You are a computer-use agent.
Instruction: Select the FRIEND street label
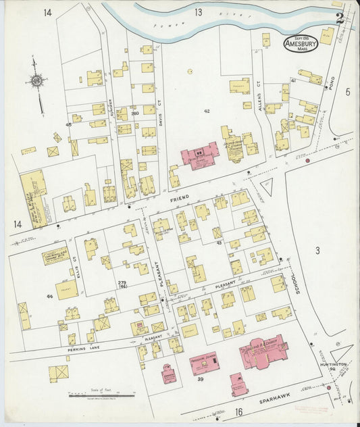[x=180, y=197]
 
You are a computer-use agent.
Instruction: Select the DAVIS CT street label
[x=160, y=108]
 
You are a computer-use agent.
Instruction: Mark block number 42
[x=207, y=110]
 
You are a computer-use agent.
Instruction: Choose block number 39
[x=200, y=380]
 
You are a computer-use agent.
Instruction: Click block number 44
[x=49, y=297]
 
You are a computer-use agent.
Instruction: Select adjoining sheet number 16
[x=238, y=411]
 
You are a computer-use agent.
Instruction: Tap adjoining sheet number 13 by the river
[x=198, y=11]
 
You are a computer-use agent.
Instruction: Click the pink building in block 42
[x=199, y=155]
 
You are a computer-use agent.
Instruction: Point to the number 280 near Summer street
[x=134, y=113]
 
